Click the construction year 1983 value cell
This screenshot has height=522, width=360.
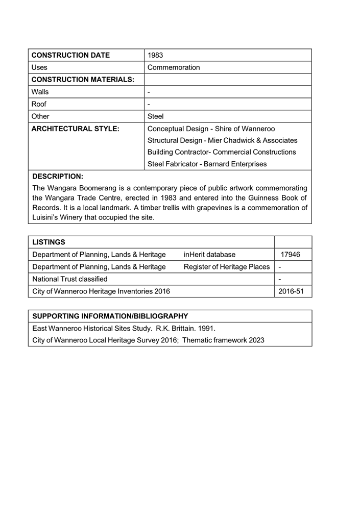click(155, 55)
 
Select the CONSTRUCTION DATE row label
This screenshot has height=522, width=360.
click(70, 55)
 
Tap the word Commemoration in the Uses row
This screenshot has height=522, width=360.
click(174, 67)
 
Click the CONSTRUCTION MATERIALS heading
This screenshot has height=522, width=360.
click(83, 80)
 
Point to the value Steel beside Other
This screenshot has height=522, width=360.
click(155, 116)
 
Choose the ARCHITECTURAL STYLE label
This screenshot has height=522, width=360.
click(75, 129)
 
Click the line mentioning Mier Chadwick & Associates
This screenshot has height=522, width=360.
click(222, 140)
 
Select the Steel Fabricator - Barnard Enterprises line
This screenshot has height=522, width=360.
click(207, 164)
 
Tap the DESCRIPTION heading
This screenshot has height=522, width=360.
click(58, 177)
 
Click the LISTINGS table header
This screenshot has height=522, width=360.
click(49, 242)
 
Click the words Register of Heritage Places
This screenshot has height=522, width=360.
click(226, 266)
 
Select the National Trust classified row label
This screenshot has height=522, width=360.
click(70, 279)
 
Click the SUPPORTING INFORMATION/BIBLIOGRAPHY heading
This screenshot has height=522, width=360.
click(110, 316)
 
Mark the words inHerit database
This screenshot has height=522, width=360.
click(209, 254)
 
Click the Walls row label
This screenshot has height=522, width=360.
click(40, 92)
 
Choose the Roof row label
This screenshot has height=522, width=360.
click(39, 104)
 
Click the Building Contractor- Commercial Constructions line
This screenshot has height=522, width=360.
click(221, 152)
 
